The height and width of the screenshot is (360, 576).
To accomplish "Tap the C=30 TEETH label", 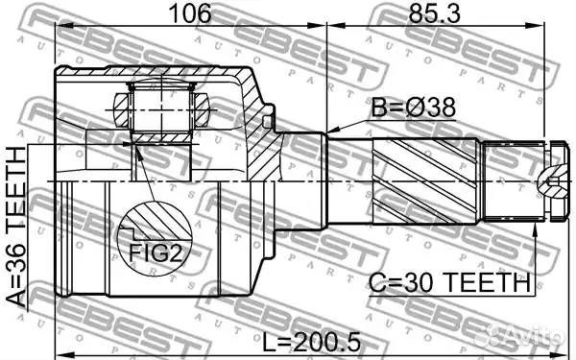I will tap(450, 283).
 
